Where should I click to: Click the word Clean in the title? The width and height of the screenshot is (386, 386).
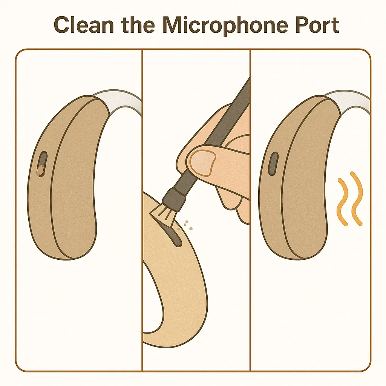tap(84, 25)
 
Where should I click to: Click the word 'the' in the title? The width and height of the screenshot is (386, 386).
tap(138, 25)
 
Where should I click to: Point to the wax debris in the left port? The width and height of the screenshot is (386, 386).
tap(40, 170)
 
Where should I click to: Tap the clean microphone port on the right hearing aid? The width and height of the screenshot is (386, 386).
tap(273, 164)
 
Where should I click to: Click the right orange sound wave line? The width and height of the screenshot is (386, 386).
tap(356, 198)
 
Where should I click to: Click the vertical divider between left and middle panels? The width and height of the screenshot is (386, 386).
tap(142, 210)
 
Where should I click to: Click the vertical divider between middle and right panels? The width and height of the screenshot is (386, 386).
tap(250, 210)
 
